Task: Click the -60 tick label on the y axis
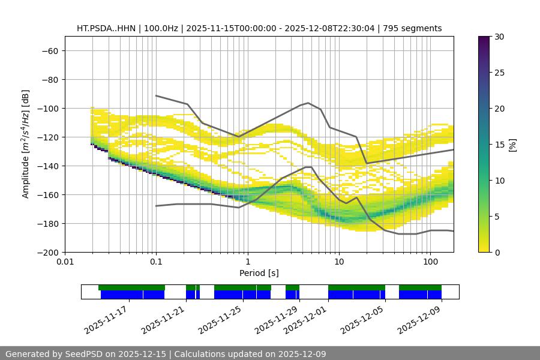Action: click(x=49, y=50)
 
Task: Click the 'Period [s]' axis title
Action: click(x=259, y=273)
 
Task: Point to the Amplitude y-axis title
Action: click(x=26, y=144)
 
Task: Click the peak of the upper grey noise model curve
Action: click(x=308, y=103)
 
